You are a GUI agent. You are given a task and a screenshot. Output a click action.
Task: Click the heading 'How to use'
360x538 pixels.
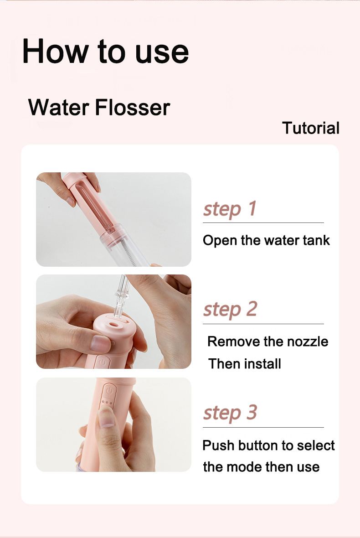point(105,52)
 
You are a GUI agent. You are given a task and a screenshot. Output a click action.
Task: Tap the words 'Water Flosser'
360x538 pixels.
point(99,108)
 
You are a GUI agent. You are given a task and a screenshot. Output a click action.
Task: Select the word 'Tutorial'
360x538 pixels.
point(311,128)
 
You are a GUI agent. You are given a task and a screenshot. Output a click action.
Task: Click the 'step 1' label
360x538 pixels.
point(230,209)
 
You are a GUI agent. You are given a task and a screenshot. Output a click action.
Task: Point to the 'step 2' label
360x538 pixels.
point(230,310)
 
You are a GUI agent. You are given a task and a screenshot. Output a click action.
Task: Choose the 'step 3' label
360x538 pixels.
point(230,413)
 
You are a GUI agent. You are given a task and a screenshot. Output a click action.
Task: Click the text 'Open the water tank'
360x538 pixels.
point(266,240)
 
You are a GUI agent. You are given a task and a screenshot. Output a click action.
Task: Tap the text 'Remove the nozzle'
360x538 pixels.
point(267,341)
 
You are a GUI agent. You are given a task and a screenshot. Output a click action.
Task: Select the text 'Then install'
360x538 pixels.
point(244,364)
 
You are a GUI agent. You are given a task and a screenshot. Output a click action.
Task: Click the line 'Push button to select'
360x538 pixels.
point(268,445)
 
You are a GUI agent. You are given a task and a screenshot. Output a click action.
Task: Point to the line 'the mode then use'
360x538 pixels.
point(261,467)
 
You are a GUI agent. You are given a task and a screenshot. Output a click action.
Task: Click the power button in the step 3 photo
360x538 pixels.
point(108,391)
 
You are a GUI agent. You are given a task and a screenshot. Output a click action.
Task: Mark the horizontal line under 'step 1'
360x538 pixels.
point(263,223)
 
